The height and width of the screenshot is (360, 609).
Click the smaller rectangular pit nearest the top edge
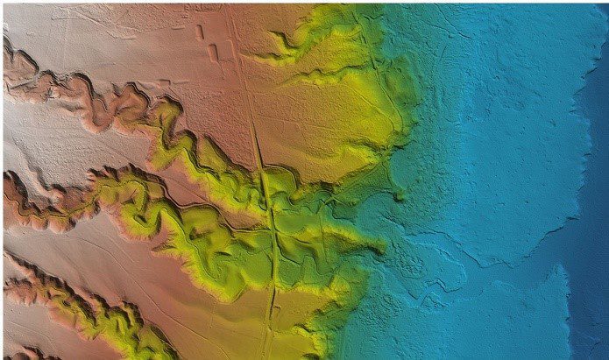[x=200, y=32]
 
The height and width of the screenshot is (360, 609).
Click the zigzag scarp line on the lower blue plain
[x=491, y=254]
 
